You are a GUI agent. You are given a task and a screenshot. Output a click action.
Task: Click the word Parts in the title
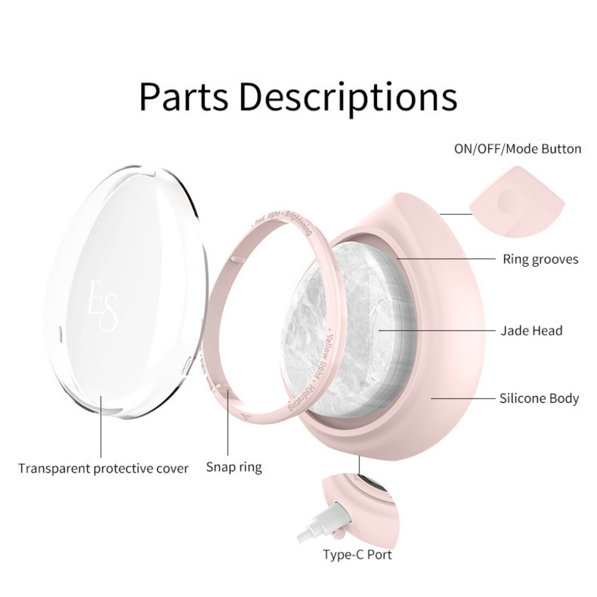click(x=183, y=97)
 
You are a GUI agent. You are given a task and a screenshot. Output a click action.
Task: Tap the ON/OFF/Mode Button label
click(x=517, y=149)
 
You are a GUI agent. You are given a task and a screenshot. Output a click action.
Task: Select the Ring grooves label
click(x=540, y=259)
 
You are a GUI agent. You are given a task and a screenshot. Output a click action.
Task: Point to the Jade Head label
click(x=531, y=331)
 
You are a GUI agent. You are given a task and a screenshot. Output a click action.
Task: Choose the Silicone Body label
click(x=539, y=398)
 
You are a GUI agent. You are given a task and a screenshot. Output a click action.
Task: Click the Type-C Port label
click(x=357, y=554)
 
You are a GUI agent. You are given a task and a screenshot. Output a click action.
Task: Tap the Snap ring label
click(x=234, y=467)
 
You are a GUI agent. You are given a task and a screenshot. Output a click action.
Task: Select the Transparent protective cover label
click(x=103, y=469)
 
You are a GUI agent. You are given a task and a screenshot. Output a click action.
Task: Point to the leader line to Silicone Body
click(x=463, y=398)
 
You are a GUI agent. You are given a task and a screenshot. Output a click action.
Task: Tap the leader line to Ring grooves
click(x=446, y=259)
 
